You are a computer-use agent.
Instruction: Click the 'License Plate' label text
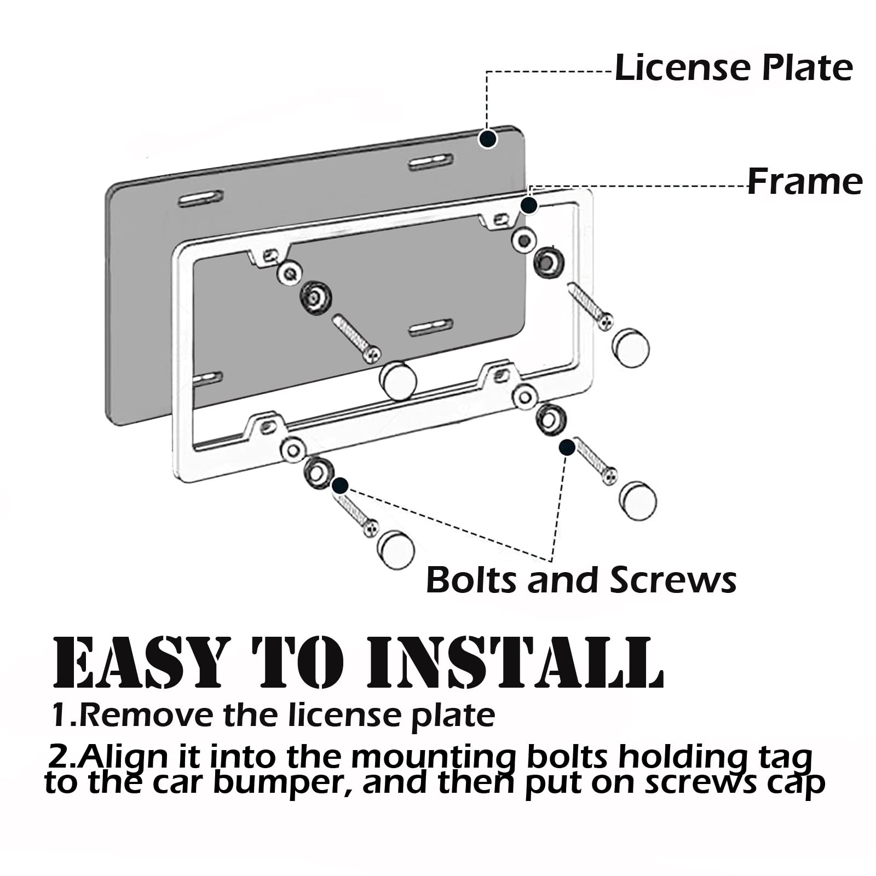[x=734, y=68]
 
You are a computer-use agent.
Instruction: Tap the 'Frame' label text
[x=805, y=182]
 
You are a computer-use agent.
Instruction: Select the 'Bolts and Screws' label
[x=581, y=580]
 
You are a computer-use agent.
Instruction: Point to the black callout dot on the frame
[x=528, y=206]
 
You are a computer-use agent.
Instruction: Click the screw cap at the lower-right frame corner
[x=638, y=500]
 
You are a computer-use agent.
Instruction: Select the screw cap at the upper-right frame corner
[x=631, y=347]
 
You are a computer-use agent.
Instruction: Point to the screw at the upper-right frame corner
[x=591, y=306]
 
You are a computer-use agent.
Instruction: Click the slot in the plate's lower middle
[x=431, y=327]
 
